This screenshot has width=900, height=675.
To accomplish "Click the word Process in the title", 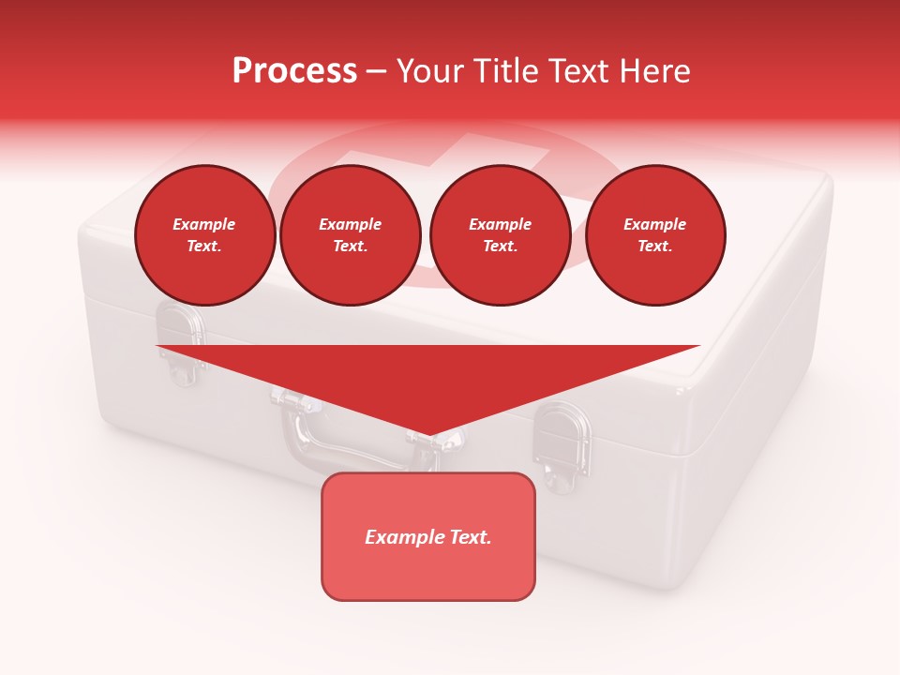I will [294, 70].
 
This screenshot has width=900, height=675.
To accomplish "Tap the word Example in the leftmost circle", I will [204, 224].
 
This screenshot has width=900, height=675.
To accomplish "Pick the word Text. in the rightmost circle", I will [654, 246].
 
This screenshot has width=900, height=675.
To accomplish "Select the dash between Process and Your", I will [377, 71].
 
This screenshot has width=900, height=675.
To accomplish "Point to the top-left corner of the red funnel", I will [157, 346].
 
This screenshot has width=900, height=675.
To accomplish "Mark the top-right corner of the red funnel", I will [698, 346].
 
